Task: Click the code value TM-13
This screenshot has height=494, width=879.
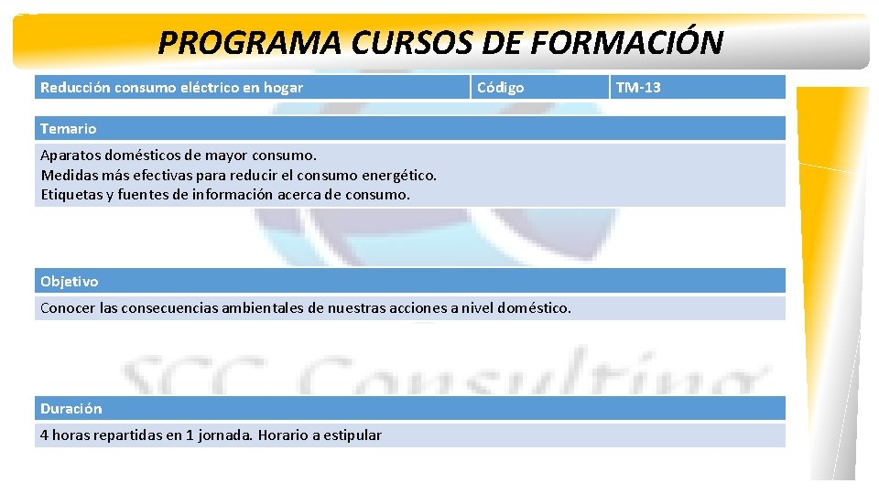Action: [x=638, y=88]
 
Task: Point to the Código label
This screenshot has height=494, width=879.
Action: [x=500, y=88]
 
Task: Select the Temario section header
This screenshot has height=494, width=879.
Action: [x=68, y=129]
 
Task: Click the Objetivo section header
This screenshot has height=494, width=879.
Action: [x=69, y=282]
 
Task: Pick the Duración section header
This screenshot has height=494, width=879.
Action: [x=71, y=409]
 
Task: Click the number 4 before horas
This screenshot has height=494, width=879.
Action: [x=45, y=435]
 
